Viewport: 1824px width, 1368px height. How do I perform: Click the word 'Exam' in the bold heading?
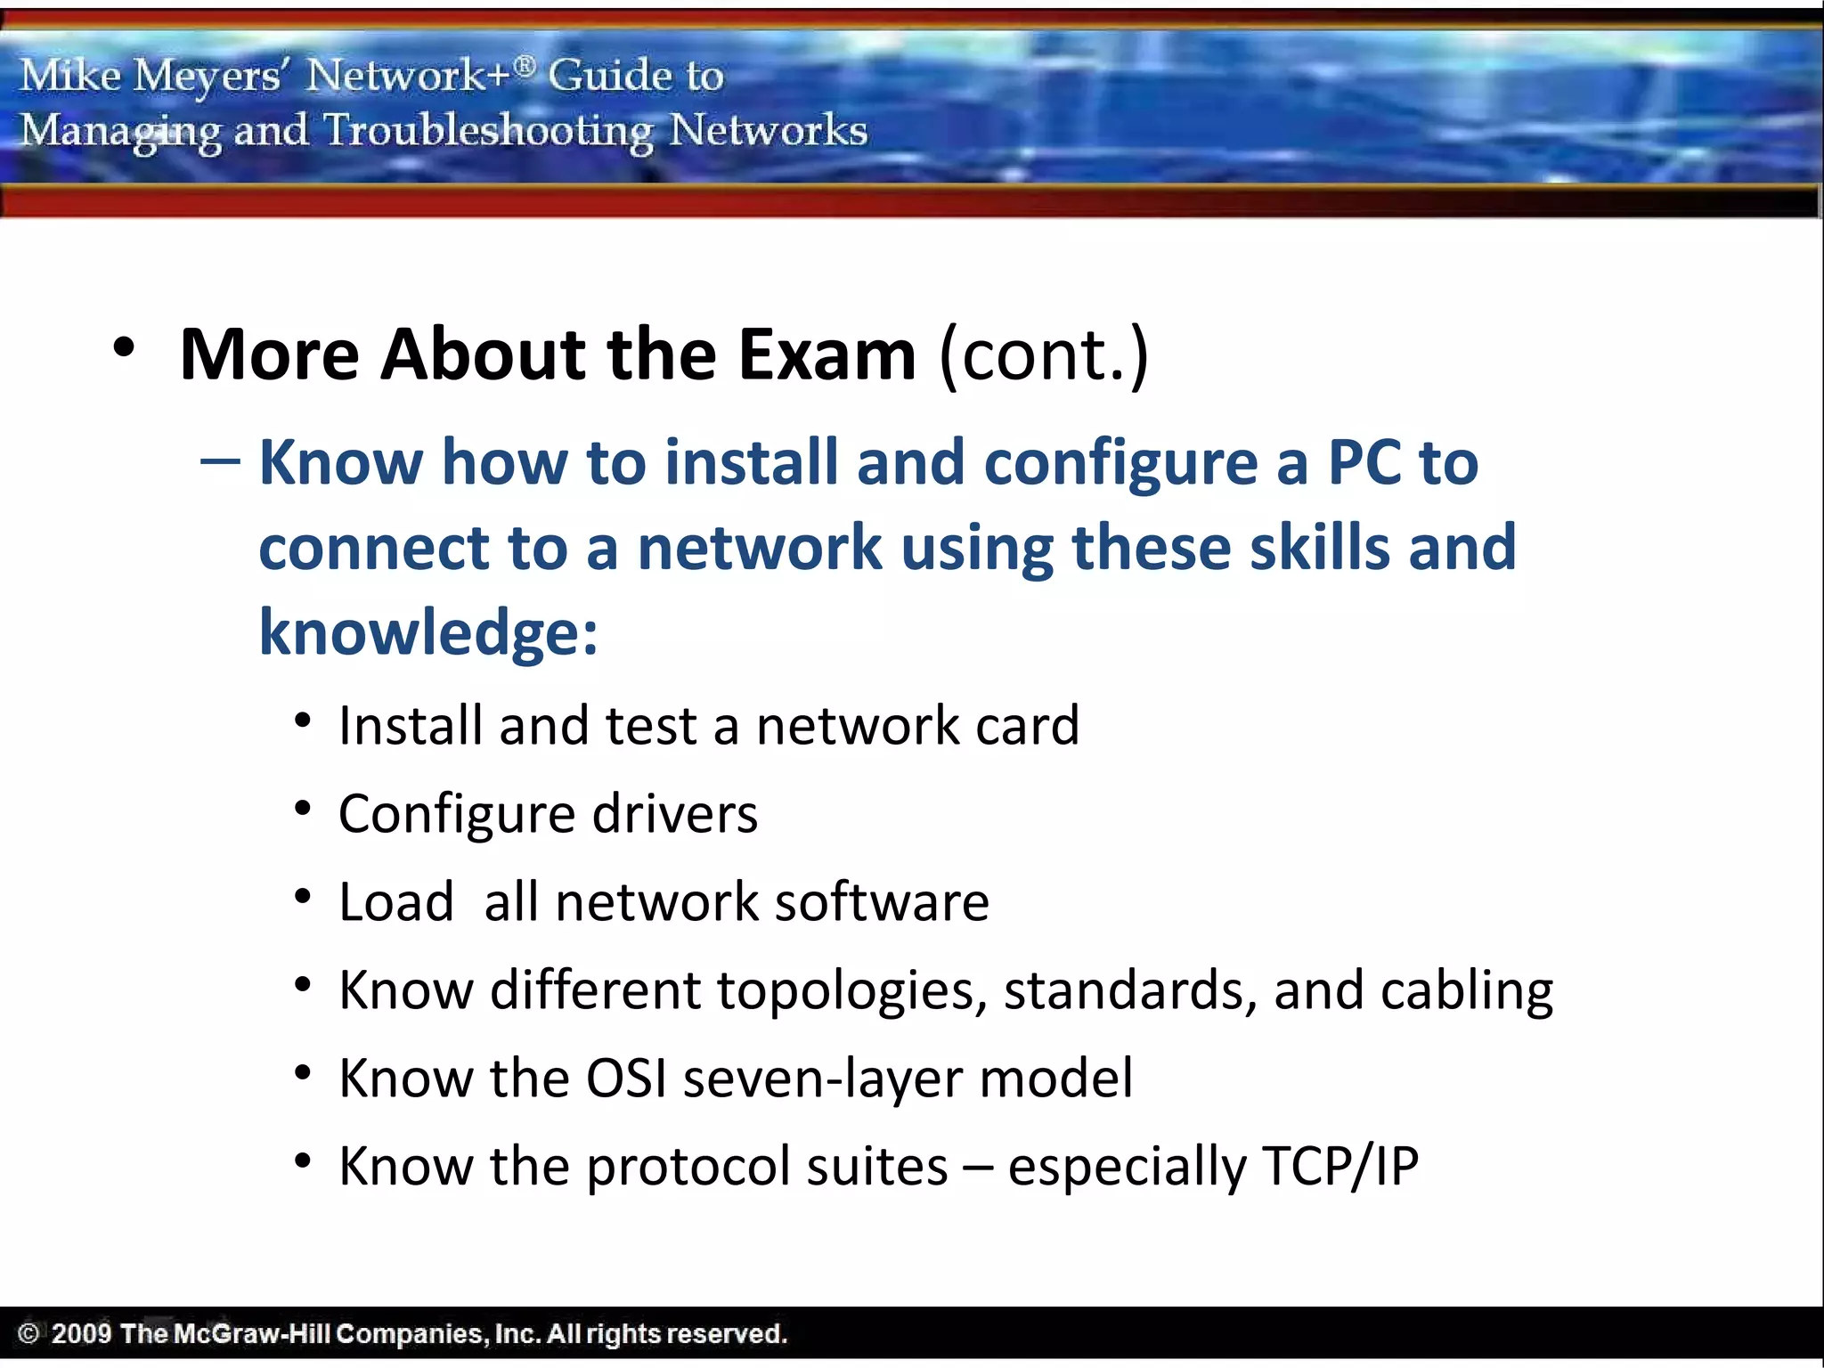point(826,354)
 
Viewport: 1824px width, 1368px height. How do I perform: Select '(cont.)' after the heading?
point(1044,354)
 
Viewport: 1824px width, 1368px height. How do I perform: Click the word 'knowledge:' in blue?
point(428,632)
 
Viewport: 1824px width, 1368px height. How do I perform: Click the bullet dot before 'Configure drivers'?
point(303,808)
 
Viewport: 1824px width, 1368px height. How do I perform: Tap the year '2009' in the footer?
point(81,1333)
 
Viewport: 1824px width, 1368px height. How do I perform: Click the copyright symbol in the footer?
point(28,1333)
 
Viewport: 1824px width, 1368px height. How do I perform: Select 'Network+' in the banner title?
point(410,75)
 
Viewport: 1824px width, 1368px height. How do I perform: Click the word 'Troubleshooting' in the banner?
point(488,131)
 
